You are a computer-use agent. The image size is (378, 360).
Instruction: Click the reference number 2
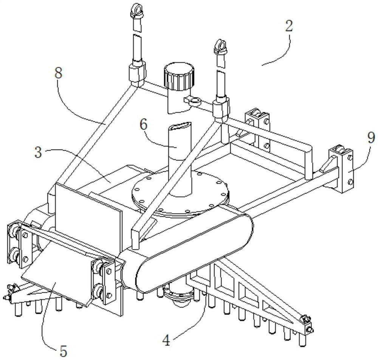(x=289, y=26)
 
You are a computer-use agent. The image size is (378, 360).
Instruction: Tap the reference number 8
(x=59, y=73)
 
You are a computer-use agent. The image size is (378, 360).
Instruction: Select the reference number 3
(x=38, y=152)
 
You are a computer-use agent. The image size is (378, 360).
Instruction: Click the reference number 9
(x=371, y=138)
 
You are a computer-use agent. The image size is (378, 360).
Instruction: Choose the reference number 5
(x=63, y=351)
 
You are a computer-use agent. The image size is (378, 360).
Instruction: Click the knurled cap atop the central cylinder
(x=179, y=76)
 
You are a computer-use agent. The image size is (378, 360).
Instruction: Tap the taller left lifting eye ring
(x=137, y=11)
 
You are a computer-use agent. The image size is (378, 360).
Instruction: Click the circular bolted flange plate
(x=180, y=192)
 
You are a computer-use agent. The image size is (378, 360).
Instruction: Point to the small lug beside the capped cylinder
(x=192, y=100)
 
